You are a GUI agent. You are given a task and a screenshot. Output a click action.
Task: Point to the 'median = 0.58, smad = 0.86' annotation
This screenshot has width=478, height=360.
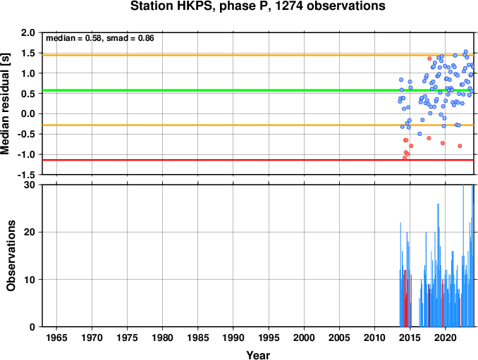(100, 38)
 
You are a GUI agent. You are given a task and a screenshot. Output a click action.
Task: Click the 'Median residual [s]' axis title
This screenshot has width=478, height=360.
(5, 104)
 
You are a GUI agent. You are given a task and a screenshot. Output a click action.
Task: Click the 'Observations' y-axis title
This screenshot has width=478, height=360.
(11, 256)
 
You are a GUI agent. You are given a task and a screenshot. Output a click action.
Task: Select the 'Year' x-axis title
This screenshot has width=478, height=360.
(258, 355)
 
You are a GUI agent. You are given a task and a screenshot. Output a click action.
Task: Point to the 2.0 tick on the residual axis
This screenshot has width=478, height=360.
(28, 32)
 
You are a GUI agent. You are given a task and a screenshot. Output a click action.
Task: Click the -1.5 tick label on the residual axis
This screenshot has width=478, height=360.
(26, 175)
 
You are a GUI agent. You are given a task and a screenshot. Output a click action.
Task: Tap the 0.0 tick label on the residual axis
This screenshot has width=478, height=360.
(28, 114)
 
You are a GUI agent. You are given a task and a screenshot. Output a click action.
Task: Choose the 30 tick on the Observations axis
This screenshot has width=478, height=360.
(30, 185)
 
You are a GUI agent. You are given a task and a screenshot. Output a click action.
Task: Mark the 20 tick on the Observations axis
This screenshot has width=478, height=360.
(30, 232)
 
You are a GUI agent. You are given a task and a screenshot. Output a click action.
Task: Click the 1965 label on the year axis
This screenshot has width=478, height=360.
(56, 337)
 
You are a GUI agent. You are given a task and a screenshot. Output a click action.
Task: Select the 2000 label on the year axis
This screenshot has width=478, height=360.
(304, 337)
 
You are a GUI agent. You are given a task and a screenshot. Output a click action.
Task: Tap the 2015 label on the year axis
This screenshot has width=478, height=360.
(410, 337)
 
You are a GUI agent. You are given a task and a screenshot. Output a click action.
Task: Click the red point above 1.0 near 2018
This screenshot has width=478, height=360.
(429, 58)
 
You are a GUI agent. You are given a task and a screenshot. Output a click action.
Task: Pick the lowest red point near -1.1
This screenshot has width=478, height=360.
(405, 158)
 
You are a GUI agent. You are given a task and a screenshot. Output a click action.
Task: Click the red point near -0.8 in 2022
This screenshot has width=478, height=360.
(460, 146)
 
